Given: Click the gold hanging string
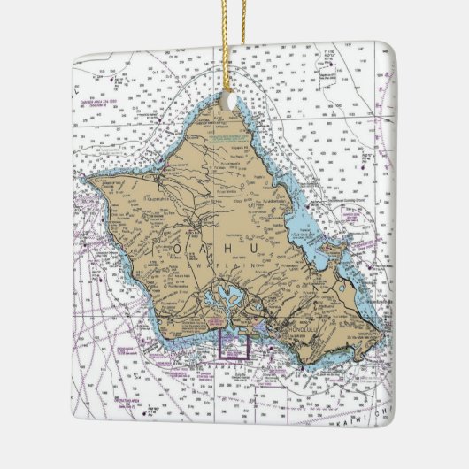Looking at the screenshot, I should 234,44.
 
